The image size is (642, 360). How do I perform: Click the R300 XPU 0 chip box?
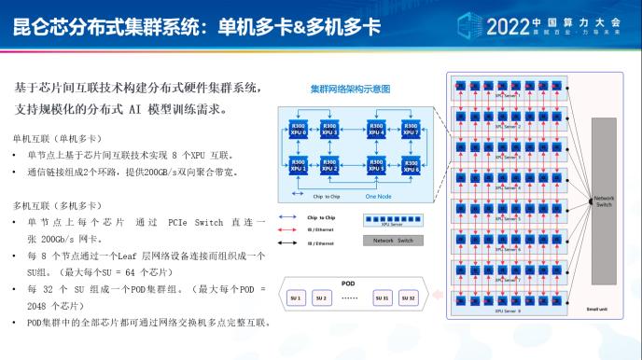pyautogui.click(x=299, y=130)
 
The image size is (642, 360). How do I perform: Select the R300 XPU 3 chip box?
pyautogui.click(x=329, y=130)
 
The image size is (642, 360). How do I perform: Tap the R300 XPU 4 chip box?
pyautogui.click(x=377, y=130)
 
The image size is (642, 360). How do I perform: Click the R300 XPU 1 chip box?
pyautogui.click(x=299, y=166)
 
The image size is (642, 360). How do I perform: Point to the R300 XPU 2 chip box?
pyautogui.click(x=329, y=166)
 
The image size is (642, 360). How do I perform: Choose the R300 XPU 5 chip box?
pyautogui.click(x=377, y=166)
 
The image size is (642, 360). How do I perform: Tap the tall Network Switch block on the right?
pyautogui.click(x=604, y=200)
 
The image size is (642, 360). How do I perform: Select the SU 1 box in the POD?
pyautogui.click(x=297, y=298)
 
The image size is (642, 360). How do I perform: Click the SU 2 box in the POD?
pyautogui.click(x=322, y=298)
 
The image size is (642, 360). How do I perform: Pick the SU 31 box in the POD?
pyautogui.click(x=382, y=298)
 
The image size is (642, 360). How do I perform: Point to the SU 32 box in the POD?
pyautogui.click(x=408, y=298)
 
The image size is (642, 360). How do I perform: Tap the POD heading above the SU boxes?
pyautogui.click(x=348, y=283)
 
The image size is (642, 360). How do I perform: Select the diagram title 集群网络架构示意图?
pyautogui.click(x=350, y=90)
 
